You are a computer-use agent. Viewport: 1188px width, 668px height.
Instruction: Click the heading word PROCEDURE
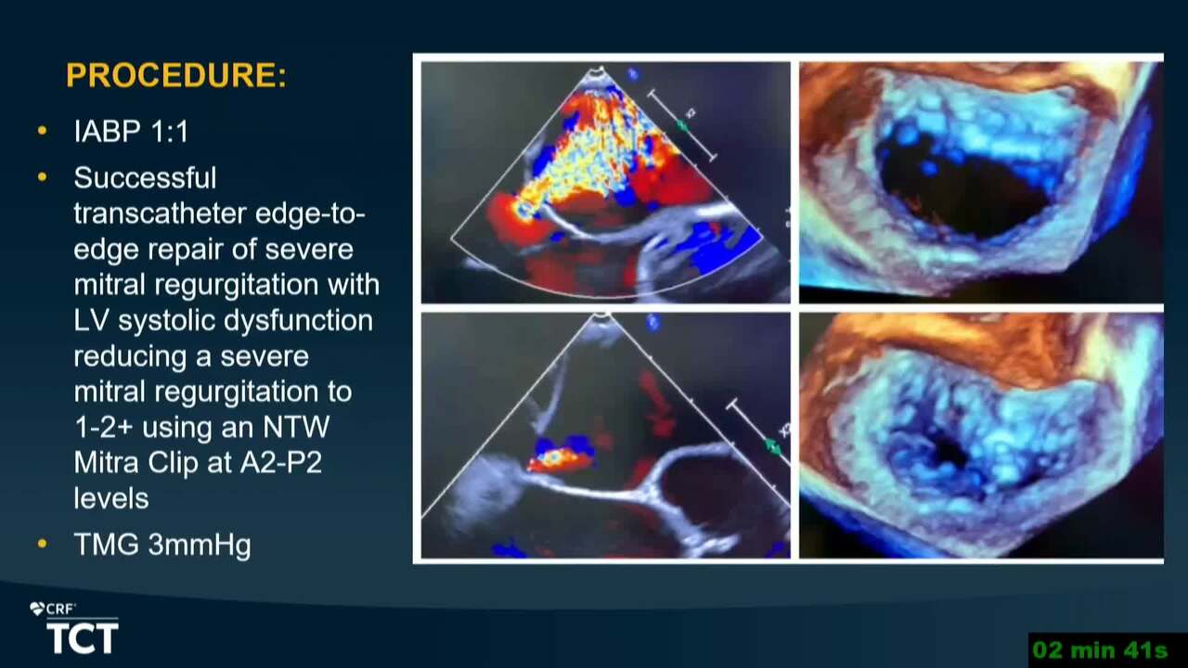[171, 75]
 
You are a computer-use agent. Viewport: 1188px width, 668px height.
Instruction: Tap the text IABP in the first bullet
[107, 131]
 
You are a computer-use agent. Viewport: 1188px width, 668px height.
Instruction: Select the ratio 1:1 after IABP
[170, 131]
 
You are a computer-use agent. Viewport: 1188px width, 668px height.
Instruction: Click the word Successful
[145, 177]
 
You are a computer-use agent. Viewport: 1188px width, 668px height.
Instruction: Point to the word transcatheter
[161, 213]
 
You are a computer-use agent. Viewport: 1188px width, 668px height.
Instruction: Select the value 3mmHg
[200, 546]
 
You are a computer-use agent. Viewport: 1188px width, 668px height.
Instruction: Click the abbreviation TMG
[106, 545]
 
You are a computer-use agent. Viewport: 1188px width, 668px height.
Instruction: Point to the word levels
[111, 498]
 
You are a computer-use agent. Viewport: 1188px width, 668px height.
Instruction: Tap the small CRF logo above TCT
[53, 610]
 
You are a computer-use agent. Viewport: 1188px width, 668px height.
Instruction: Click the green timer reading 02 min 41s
[1101, 650]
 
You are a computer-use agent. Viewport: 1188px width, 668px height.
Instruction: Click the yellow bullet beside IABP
[43, 131]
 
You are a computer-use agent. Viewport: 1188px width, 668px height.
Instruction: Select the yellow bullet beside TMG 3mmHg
[43, 544]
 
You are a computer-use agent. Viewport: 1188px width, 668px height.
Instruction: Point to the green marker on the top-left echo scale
[682, 125]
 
